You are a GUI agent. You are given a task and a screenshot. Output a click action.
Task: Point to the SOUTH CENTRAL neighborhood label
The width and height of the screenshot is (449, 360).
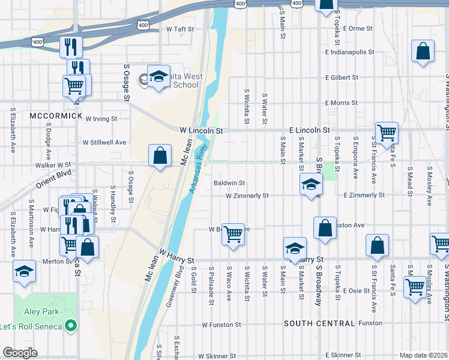[x=319, y=323]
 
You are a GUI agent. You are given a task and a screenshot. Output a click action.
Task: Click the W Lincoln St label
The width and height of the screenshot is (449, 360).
[x=201, y=130]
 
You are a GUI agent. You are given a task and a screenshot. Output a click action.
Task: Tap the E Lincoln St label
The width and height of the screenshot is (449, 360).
[x=309, y=130]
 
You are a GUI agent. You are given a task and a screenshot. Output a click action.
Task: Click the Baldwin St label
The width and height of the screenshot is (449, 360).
[x=229, y=183]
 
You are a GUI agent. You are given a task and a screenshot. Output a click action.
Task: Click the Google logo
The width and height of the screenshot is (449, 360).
[x=20, y=353]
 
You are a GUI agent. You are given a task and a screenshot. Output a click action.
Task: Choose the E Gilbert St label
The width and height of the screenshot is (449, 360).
[x=342, y=77]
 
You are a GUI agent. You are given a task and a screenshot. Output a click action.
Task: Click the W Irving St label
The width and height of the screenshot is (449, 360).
[x=101, y=119]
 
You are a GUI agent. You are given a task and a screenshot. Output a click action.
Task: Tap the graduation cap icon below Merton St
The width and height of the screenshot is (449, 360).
[x=25, y=271]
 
